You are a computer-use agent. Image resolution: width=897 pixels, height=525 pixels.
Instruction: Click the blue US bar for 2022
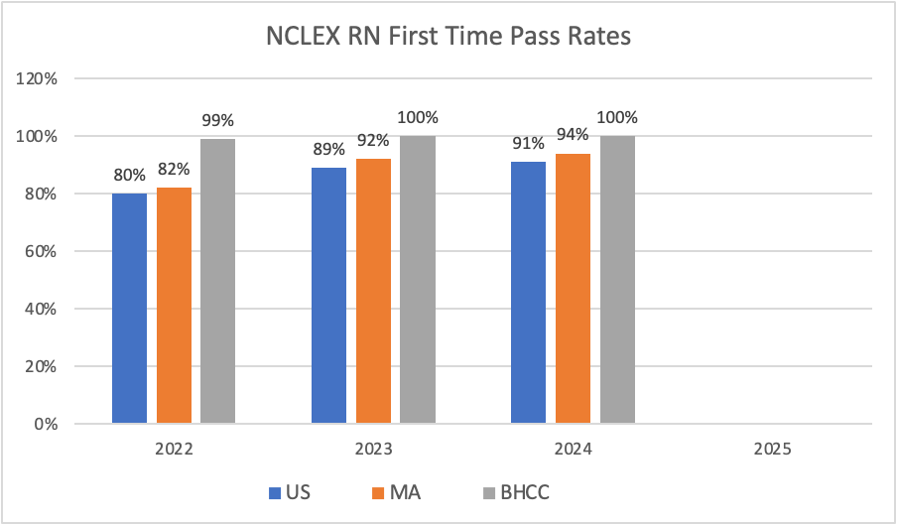point(129,309)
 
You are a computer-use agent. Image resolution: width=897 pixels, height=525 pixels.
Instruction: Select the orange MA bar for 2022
point(174,306)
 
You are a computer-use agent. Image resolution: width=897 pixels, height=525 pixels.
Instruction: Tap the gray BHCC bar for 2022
point(217,281)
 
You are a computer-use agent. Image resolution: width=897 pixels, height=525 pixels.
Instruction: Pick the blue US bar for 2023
point(328,296)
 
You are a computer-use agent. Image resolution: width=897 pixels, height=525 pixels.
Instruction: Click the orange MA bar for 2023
point(373,291)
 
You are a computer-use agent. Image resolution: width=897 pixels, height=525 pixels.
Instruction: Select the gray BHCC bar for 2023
point(417,280)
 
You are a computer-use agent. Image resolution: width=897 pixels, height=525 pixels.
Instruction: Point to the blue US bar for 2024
point(528,293)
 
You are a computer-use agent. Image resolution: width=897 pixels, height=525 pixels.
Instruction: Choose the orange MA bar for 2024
point(573,289)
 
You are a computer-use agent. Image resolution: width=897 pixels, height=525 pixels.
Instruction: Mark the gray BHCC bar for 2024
point(616,280)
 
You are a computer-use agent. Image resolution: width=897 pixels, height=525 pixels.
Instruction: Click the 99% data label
point(217,121)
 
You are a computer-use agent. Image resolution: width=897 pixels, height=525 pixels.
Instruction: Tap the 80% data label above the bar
point(129,176)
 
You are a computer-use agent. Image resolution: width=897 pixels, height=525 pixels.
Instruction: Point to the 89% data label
point(328,150)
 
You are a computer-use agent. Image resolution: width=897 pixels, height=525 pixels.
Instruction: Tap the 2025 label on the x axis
point(772,450)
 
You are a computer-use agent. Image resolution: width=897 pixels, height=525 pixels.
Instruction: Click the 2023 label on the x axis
point(373,450)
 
